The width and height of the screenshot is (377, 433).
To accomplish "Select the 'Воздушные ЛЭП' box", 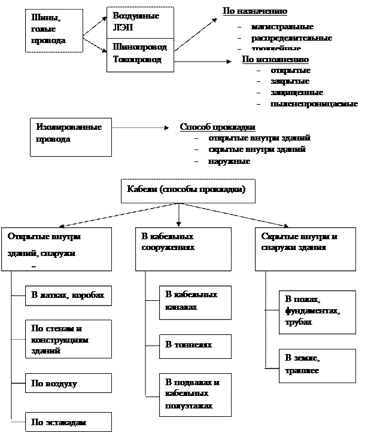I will [140, 23].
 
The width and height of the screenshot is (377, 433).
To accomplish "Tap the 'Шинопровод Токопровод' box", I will [140, 54].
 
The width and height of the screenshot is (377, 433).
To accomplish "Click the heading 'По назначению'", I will [254, 11].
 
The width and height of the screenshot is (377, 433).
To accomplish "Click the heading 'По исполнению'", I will [275, 60].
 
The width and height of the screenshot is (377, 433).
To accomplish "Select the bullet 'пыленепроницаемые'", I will [314, 103].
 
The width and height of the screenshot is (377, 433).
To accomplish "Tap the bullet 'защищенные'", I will [297, 93].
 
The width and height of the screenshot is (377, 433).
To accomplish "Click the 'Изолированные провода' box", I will [70, 136].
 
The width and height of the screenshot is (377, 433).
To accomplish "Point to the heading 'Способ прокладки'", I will [218, 127].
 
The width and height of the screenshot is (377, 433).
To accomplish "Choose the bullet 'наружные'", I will [229, 161].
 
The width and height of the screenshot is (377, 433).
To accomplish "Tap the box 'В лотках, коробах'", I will [68, 295].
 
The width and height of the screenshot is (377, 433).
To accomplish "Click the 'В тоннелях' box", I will [195, 346].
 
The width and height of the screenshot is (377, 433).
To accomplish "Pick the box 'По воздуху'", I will [68, 383].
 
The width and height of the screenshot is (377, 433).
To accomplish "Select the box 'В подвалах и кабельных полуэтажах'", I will [195, 395].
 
